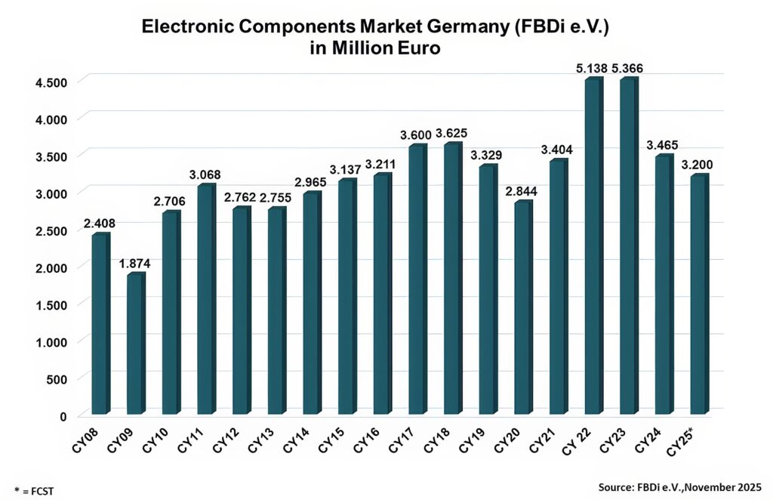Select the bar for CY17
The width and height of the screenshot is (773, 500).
pyautogui.click(x=417, y=279)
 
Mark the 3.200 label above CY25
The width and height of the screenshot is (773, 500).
pyautogui.click(x=699, y=165)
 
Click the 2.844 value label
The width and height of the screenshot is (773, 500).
pyautogui.click(x=523, y=192)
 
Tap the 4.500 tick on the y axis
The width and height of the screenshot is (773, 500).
pyautogui.click(x=52, y=82)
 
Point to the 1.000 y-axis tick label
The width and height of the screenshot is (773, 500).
pyautogui.click(x=52, y=341)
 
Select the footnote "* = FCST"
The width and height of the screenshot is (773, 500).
pyautogui.click(x=34, y=491)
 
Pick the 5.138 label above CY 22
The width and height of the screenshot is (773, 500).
pyautogui.click(x=592, y=69)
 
